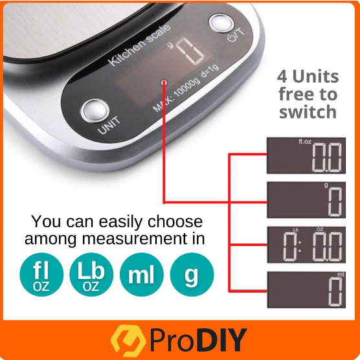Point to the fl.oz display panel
click(x=306, y=155)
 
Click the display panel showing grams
click(x=306, y=200)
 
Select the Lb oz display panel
click(x=306, y=245)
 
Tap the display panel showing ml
click(x=306, y=289)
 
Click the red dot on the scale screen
click(x=164, y=82)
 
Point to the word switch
click(x=308, y=112)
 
